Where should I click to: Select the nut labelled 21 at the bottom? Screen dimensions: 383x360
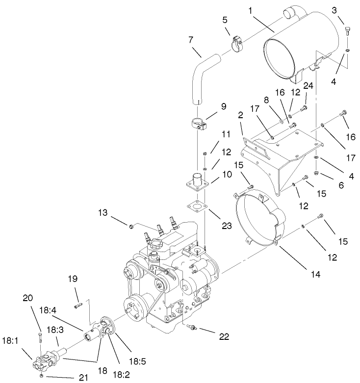click(x=42, y=376)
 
